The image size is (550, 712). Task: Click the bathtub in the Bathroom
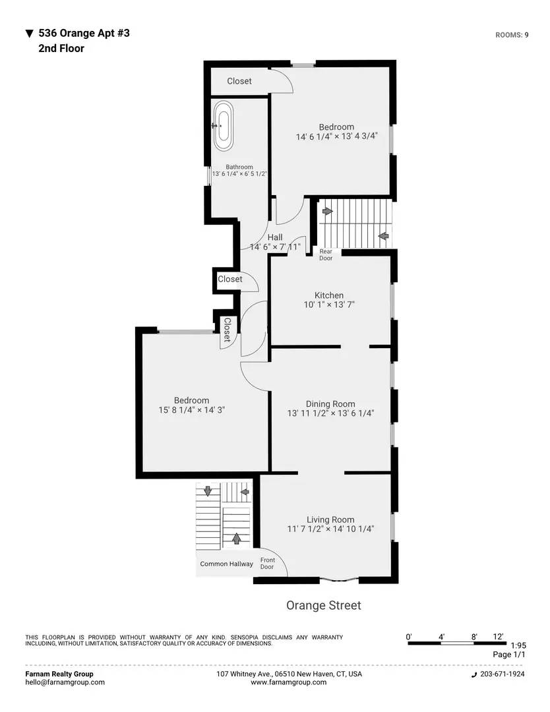(x=223, y=124)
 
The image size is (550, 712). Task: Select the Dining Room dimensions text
(x=330, y=414)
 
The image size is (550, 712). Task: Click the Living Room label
(x=330, y=519)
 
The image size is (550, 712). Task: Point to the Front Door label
(x=267, y=564)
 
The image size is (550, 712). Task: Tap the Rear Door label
(x=326, y=254)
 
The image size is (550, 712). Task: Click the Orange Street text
(x=323, y=605)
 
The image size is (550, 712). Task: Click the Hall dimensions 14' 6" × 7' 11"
(x=275, y=247)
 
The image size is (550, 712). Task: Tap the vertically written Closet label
(x=226, y=329)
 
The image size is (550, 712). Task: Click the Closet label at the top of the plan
(x=239, y=81)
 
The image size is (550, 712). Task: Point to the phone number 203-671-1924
(x=502, y=674)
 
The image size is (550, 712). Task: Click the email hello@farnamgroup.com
(x=65, y=682)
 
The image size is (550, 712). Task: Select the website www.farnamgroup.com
(x=288, y=682)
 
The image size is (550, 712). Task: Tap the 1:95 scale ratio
(x=518, y=645)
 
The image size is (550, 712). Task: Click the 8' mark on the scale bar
(x=474, y=637)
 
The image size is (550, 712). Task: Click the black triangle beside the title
(x=29, y=33)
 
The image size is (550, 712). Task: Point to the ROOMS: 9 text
(x=512, y=35)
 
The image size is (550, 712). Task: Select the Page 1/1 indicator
(x=510, y=655)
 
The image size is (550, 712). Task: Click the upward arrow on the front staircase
(x=236, y=538)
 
